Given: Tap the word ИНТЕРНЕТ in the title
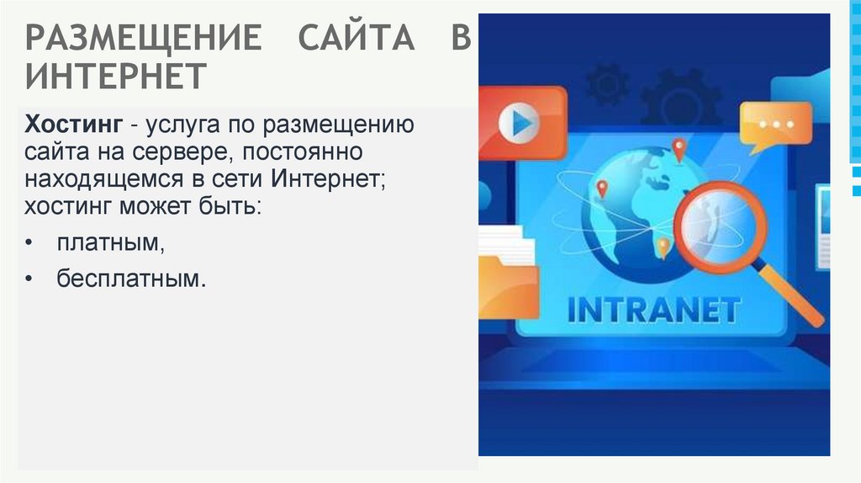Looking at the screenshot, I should click(x=115, y=76).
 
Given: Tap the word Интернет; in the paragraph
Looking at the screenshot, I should click(x=327, y=178).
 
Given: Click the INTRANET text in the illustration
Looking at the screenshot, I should click(x=654, y=310).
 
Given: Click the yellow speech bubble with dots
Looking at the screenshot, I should click(x=775, y=125).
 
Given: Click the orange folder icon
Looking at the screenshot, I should click(x=507, y=287).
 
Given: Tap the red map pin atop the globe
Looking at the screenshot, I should click(x=679, y=150).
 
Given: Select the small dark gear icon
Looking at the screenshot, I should click(x=607, y=84).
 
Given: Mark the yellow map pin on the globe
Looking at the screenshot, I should click(x=663, y=247).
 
